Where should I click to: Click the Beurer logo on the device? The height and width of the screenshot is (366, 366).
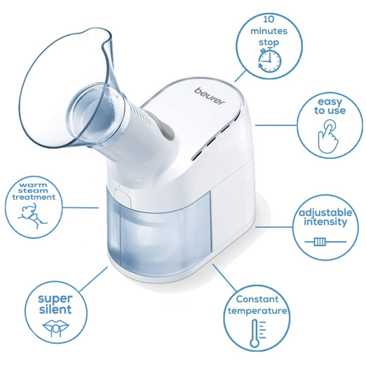210,96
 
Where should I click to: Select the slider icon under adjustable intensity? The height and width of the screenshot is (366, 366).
320,242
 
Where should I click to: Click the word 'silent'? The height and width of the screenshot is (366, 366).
55,309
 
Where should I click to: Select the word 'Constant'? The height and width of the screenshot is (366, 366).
257,299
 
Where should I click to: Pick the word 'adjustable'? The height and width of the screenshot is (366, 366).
325,213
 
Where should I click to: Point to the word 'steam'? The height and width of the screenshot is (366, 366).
34,191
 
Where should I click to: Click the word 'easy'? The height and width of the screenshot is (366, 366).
330,102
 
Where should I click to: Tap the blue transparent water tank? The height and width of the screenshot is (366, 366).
161,235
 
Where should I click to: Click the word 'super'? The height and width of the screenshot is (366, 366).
55,299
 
